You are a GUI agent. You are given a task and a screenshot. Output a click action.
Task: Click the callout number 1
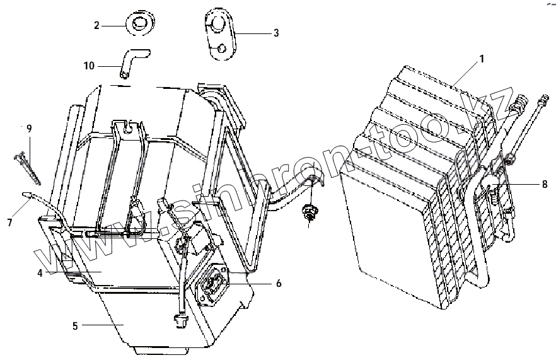pos(482,59)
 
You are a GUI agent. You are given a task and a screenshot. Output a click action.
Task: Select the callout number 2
pos(96,25)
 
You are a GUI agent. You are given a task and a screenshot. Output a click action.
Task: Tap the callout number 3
pos(275,33)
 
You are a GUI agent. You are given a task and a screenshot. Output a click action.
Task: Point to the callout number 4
pos(39,273)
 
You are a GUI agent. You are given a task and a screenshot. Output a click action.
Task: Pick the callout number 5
pos(75,326)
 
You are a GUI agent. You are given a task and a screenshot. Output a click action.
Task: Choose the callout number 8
pos(544,185)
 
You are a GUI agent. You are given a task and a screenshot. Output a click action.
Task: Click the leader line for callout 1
pos(465,72)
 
